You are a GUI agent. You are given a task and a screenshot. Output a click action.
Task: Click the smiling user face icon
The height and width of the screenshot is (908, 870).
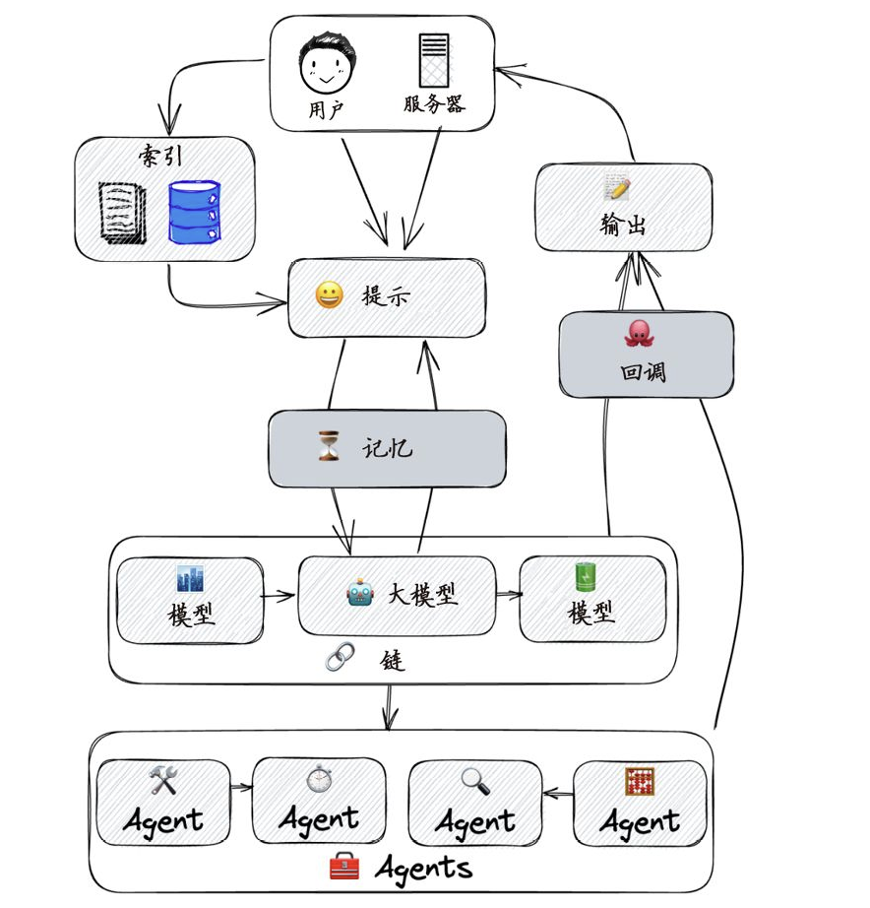pos(327,65)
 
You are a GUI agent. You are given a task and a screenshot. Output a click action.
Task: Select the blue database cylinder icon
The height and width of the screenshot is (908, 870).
pos(194,212)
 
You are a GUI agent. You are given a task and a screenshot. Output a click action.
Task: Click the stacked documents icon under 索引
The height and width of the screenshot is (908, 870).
pos(123,212)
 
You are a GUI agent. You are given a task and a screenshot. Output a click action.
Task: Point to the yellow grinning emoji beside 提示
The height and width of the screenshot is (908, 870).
pos(329,295)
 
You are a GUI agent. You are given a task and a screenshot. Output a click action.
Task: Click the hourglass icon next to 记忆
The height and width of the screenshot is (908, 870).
pos(328,448)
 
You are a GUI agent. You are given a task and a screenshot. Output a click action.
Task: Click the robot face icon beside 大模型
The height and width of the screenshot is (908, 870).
pos(360,594)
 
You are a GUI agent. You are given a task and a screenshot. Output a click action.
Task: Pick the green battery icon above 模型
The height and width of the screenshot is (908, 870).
pos(586,576)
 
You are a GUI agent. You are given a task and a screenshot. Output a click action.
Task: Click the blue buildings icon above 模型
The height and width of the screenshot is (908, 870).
pos(189,578)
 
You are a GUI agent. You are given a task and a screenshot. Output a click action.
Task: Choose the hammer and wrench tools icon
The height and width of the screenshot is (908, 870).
pos(162,781)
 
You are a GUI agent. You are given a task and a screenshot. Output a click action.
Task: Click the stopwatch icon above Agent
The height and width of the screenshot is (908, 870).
pos(318,779)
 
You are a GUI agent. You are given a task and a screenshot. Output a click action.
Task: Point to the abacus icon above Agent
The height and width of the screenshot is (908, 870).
pos(639,782)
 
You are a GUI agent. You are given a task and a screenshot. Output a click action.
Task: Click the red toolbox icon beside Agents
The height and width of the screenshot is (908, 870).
pos(343,868)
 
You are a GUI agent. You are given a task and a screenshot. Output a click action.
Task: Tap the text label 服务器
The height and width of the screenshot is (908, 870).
pos(433,104)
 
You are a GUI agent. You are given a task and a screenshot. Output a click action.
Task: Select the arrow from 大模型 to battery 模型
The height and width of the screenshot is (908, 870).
pos(508,594)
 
